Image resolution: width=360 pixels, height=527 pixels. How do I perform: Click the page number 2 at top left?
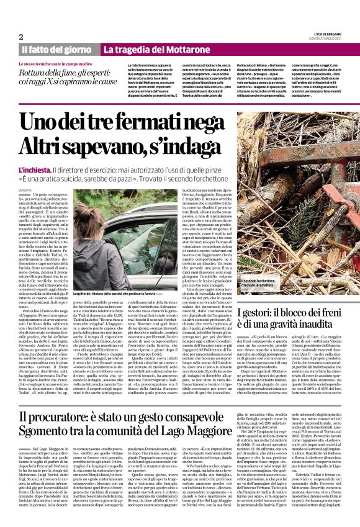(x=21, y=37)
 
